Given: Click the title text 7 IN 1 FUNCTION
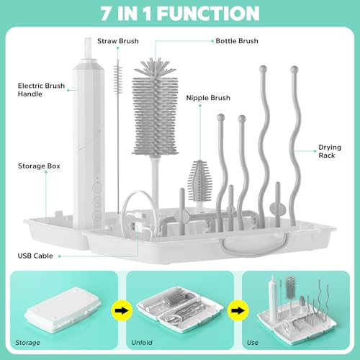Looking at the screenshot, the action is tap(180, 14).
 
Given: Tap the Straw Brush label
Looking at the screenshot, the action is tap(118, 41).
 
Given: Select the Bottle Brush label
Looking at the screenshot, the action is tap(237, 41).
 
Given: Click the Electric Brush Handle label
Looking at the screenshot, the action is tap(41, 90).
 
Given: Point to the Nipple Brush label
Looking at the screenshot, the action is tap(208, 98).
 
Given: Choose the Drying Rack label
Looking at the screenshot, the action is tap(330, 151).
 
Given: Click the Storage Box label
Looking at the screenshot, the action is tap(39, 166).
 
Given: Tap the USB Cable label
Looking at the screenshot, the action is tap(35, 256).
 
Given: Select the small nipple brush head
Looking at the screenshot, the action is tap(200, 181).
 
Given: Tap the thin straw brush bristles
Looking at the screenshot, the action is tap(117, 79).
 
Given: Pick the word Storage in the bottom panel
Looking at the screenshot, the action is tap(27, 343).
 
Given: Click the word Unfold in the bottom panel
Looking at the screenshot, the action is tap(142, 343).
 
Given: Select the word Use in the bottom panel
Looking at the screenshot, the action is tap(253, 343).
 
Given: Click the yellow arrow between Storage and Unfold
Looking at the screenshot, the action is tap(122, 310).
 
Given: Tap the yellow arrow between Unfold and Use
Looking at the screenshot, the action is tap(238, 310).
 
